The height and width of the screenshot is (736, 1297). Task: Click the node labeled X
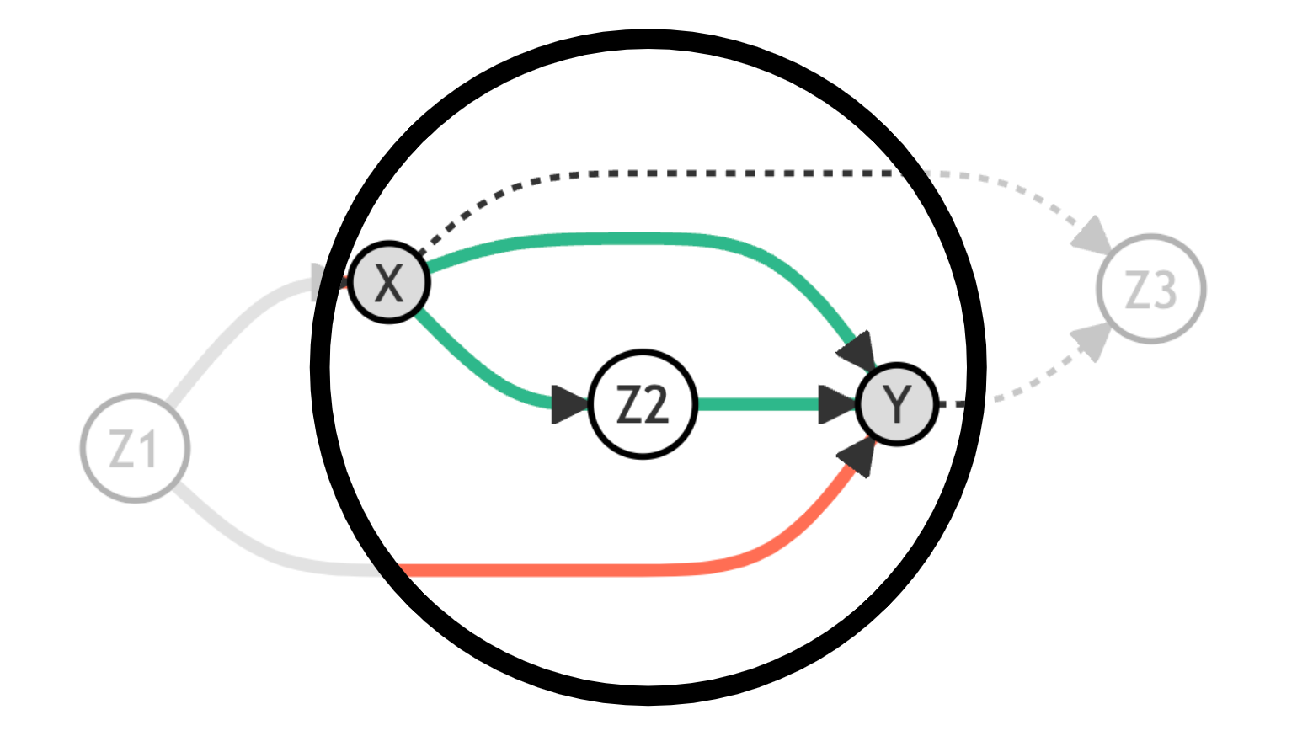point(389,282)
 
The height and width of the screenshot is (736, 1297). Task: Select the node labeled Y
point(897,404)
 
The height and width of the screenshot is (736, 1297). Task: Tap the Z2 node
point(643,404)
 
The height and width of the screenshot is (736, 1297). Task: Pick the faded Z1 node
point(135,448)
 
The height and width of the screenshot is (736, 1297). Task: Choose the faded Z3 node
point(1150,289)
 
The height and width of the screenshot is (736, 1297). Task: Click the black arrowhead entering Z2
point(570,404)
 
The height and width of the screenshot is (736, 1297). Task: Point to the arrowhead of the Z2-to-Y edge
point(837,404)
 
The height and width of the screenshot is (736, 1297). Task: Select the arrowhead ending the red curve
point(857,459)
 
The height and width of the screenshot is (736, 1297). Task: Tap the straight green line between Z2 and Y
point(758,404)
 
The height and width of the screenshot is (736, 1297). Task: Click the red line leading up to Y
point(590,571)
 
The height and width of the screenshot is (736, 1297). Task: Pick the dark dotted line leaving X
point(674,173)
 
